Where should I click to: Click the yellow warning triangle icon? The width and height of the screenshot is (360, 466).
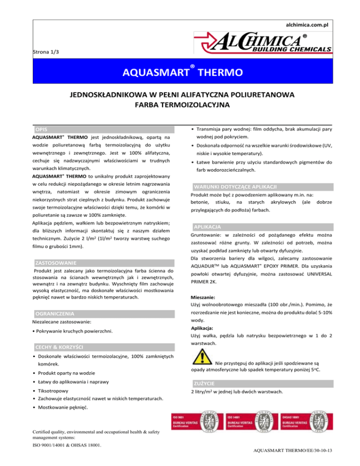point(203,360)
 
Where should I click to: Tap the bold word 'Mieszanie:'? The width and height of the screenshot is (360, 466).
point(202,297)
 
